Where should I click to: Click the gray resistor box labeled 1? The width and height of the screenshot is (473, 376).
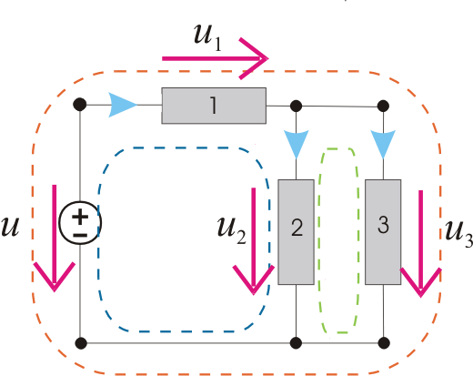point(214,106)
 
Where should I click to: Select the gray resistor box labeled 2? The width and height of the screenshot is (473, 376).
point(296,232)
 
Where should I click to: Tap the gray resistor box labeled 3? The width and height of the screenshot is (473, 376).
point(383,232)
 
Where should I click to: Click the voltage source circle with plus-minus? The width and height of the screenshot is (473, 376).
point(80,223)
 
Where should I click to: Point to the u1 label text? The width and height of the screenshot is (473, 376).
point(207,37)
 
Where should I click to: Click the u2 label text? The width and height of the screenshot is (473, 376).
point(231,229)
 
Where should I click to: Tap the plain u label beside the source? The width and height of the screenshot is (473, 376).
point(10,227)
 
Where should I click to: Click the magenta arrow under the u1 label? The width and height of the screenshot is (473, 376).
point(216,58)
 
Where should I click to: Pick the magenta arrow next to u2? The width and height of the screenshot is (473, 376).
point(254,241)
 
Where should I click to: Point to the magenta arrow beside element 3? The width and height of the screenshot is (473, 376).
point(420,244)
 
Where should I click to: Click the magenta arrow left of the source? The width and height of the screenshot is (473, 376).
point(55,239)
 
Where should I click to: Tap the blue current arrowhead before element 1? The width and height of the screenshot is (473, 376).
point(123,106)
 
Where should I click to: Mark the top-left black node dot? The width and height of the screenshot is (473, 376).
point(80,105)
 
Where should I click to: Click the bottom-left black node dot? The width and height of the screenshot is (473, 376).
point(81,343)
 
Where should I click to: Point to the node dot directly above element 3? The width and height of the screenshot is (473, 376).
point(383,107)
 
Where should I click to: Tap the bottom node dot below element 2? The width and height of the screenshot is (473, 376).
point(296,343)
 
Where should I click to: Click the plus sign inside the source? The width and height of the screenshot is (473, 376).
point(80,218)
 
